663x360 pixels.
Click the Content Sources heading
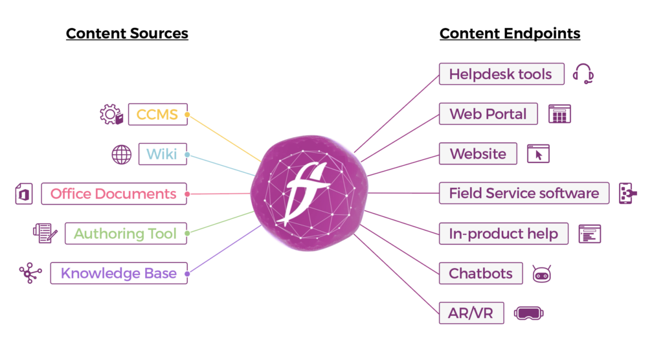click(127, 33)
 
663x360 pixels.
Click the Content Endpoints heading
click(510, 33)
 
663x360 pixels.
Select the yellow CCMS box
click(157, 115)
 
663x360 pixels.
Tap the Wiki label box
click(162, 154)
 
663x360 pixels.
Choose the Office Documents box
click(113, 194)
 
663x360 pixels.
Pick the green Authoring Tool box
click(126, 233)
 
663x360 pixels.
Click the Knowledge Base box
click(118, 273)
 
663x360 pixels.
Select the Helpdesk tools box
click(500, 74)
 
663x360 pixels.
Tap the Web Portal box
click(488, 114)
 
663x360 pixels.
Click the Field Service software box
click(524, 193)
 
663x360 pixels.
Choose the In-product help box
click(504, 233)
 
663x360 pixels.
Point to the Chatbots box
click(480, 273)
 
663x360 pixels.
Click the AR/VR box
click(471, 313)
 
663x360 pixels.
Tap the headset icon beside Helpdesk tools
click(583, 74)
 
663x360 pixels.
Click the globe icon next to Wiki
click(122, 154)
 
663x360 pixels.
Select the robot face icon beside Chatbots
click(541, 274)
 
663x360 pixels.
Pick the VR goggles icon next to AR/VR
click(528, 313)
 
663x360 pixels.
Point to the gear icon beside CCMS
click(111, 115)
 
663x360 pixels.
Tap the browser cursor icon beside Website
click(538, 154)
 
